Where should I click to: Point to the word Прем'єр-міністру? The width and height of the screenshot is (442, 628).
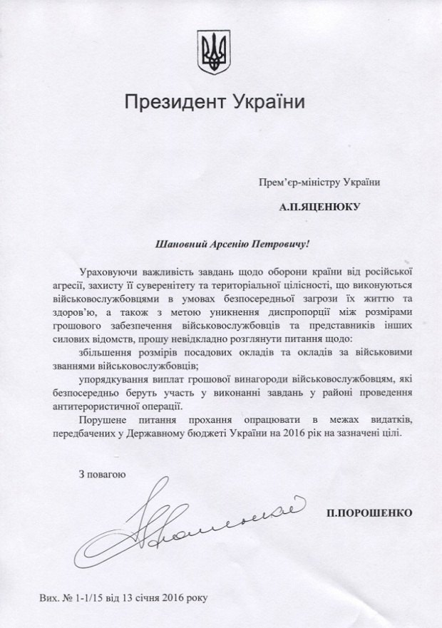[295, 182]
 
